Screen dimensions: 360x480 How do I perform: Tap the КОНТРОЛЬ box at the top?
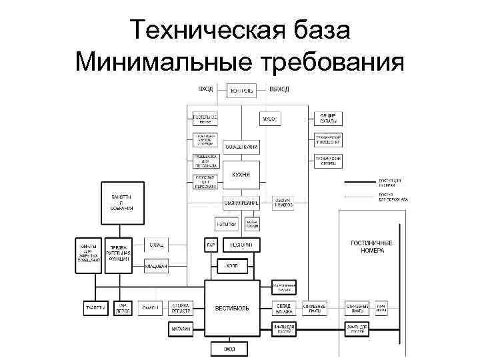click(x=241, y=91)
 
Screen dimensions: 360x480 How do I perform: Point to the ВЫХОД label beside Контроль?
click(x=279, y=89)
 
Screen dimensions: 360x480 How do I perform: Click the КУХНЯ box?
click(x=241, y=175)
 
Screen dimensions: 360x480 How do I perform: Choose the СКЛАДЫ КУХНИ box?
click(x=241, y=147)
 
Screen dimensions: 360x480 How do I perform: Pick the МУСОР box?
click(x=269, y=119)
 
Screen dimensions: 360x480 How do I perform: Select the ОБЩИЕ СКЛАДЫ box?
click(x=328, y=119)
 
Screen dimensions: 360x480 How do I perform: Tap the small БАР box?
click(x=211, y=245)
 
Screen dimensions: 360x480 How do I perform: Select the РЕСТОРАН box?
click(x=241, y=245)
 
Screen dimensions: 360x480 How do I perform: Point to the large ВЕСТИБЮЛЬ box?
click(x=232, y=308)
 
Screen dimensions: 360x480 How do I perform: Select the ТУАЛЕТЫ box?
click(x=95, y=309)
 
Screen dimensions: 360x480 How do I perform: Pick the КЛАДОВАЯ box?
click(x=156, y=266)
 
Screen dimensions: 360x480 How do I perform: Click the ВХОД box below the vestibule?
click(x=230, y=349)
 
